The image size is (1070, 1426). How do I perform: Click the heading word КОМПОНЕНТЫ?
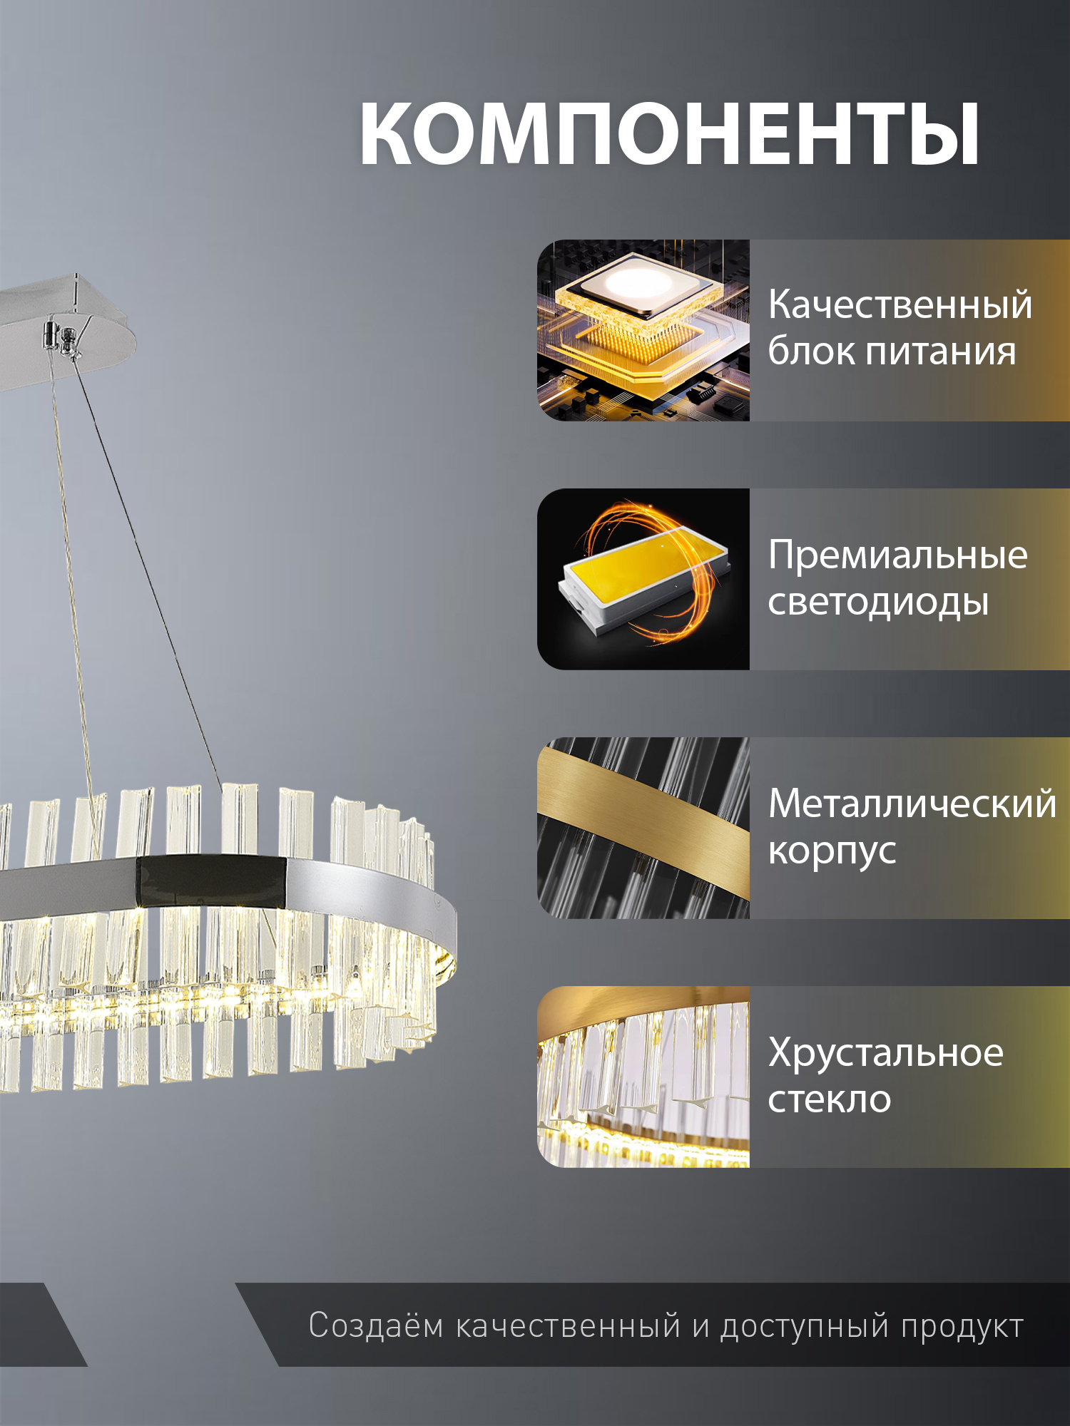[x=669, y=134]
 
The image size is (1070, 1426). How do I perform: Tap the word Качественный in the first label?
[x=900, y=305]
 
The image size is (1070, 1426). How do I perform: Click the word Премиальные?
[x=897, y=555]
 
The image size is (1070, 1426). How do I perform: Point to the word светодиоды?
[x=878, y=602]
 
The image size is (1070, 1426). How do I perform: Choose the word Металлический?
[x=912, y=804]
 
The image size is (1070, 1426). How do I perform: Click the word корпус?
[x=832, y=851]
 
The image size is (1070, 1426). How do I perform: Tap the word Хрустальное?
[x=885, y=1052]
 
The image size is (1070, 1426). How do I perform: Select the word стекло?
[x=830, y=1099]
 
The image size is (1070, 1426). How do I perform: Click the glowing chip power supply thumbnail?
[x=643, y=330]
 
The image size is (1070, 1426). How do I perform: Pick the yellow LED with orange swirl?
[x=643, y=579]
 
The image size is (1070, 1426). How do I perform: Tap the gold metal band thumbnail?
[x=643, y=828]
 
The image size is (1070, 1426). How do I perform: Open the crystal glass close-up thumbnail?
[x=643, y=1077]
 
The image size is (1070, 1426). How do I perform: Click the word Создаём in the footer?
[x=376, y=1326]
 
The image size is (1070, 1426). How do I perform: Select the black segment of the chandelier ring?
[x=212, y=881]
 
